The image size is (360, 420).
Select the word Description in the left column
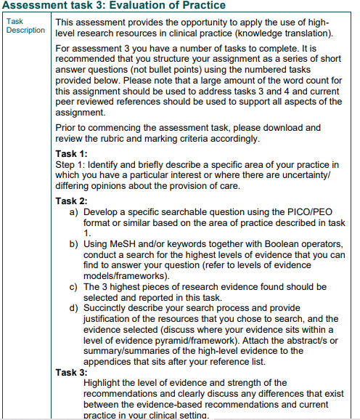click(26, 30)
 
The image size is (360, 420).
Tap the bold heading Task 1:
click(71, 153)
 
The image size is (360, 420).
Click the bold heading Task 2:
click(71, 201)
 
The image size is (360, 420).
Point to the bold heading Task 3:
click(71, 372)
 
